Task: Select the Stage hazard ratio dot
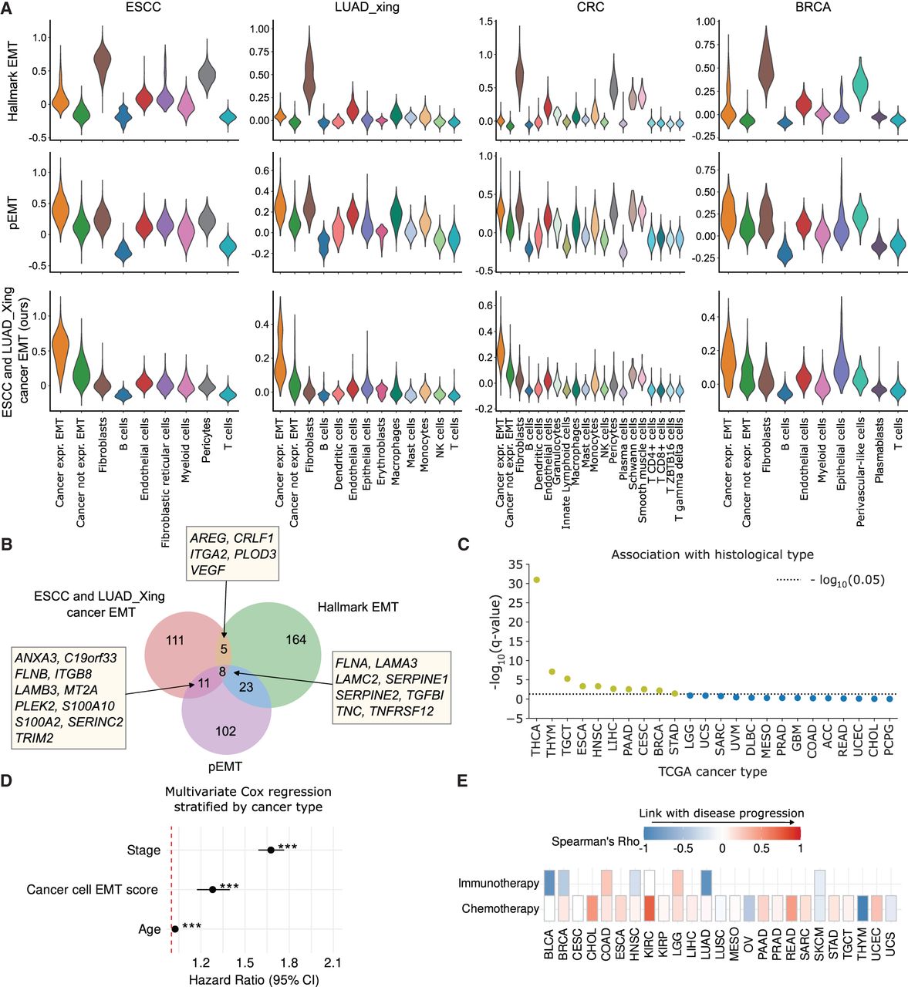(x=271, y=849)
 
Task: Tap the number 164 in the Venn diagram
(x=295, y=639)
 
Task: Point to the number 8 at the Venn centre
(x=223, y=672)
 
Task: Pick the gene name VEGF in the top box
(x=204, y=571)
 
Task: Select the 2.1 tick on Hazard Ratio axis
(x=332, y=962)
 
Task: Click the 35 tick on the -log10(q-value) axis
(x=514, y=564)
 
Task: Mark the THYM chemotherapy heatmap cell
(x=862, y=908)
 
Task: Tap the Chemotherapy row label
(x=500, y=908)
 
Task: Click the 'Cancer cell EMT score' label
(x=92, y=889)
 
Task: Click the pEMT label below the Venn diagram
(x=224, y=766)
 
